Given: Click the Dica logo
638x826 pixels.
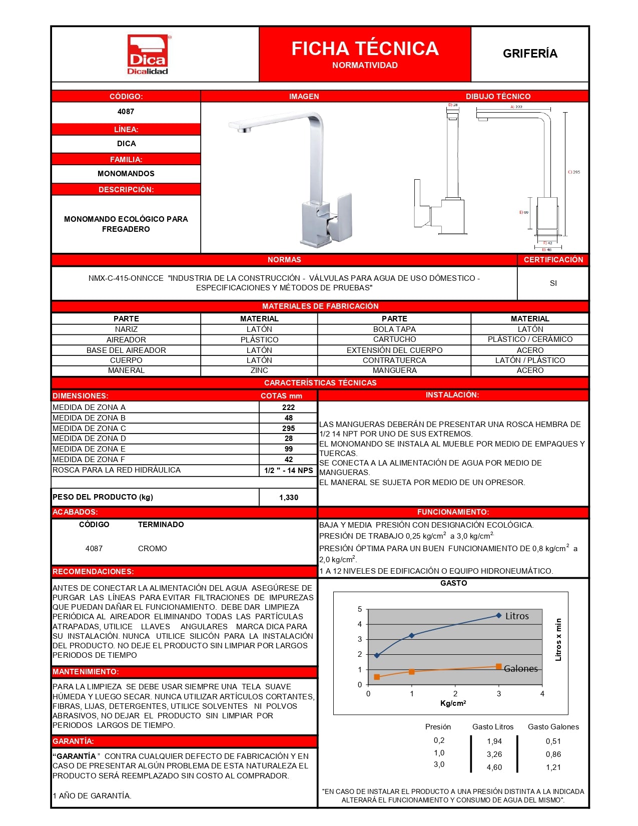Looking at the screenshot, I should (x=148, y=54).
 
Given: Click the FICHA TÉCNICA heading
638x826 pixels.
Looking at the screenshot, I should (x=365, y=49).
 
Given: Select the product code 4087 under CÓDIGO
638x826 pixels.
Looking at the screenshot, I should (x=126, y=112).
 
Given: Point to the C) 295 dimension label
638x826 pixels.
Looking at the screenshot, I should (x=574, y=172).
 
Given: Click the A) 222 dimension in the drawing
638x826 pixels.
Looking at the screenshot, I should (x=516, y=107).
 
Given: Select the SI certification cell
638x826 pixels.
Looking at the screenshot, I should (x=553, y=283).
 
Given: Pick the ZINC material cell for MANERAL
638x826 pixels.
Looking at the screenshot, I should (x=259, y=370).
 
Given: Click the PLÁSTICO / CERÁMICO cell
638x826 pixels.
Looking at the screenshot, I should (x=530, y=339).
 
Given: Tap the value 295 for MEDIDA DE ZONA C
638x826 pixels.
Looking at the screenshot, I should (x=288, y=429).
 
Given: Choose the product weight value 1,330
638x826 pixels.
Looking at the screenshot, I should (x=289, y=498).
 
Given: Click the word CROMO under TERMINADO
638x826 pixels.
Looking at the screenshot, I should (x=152, y=549).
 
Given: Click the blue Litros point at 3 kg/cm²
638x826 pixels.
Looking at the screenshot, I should (x=498, y=615).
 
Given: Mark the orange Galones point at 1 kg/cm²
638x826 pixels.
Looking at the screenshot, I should (x=412, y=672).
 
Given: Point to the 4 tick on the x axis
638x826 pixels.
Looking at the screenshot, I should (x=542, y=694).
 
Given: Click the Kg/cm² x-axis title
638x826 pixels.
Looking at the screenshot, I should (x=453, y=703).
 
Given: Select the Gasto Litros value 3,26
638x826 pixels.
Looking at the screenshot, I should (x=494, y=754).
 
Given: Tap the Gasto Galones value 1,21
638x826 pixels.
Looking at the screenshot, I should (x=553, y=767).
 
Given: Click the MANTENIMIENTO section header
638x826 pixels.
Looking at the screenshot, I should (x=86, y=672).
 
